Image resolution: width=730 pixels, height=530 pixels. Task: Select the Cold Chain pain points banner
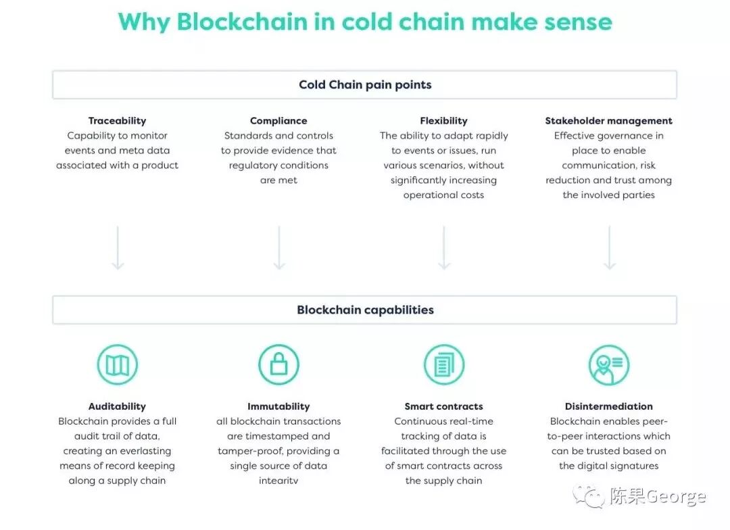(x=365, y=85)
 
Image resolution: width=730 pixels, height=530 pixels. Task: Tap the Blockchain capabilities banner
(x=365, y=310)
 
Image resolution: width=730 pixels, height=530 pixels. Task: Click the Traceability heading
(x=117, y=121)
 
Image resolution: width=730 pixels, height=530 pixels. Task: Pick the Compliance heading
(x=278, y=121)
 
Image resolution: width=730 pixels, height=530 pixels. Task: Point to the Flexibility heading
(x=443, y=121)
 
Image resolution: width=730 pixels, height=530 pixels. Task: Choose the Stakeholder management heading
(x=608, y=121)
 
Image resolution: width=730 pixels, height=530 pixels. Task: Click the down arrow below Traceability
(x=118, y=247)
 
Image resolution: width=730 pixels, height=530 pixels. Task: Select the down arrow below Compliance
(x=279, y=247)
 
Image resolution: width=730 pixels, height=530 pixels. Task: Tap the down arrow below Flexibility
(x=444, y=247)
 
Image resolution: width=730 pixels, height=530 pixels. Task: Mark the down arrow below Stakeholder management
(x=609, y=247)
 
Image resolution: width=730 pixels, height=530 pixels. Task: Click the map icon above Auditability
(x=118, y=365)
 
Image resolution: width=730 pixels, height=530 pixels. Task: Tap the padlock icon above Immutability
(x=278, y=365)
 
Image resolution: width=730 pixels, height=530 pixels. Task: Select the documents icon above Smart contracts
(x=444, y=365)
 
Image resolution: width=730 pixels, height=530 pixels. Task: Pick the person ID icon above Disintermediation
(x=609, y=365)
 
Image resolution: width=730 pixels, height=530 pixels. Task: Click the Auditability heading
(x=117, y=406)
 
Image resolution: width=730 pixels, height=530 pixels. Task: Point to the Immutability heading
(x=278, y=406)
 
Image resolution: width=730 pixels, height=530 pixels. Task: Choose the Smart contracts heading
(x=443, y=406)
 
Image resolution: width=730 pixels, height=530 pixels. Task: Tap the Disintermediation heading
(x=608, y=406)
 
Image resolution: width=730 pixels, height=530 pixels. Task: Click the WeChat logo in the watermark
(x=589, y=497)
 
